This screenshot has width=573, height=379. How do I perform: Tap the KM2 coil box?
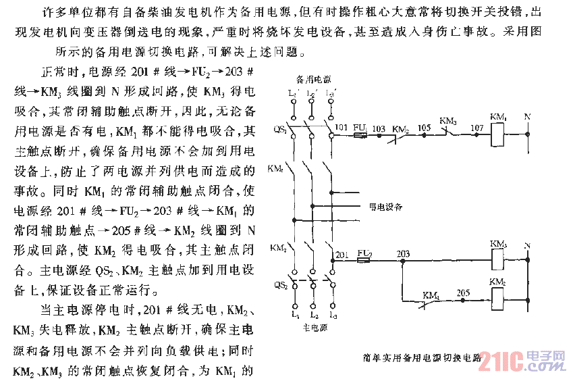tap(498, 297)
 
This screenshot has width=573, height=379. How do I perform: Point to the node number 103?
tap(379, 127)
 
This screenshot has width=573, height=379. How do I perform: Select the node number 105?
tap(424, 127)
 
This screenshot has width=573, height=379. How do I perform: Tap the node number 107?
tap(476, 127)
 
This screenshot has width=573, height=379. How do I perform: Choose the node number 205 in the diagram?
tap(463, 293)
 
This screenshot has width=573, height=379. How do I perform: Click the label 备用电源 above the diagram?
tap(312, 79)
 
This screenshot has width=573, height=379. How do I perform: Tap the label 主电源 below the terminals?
tap(311, 328)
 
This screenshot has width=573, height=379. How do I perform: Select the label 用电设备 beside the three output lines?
tap(384, 207)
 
